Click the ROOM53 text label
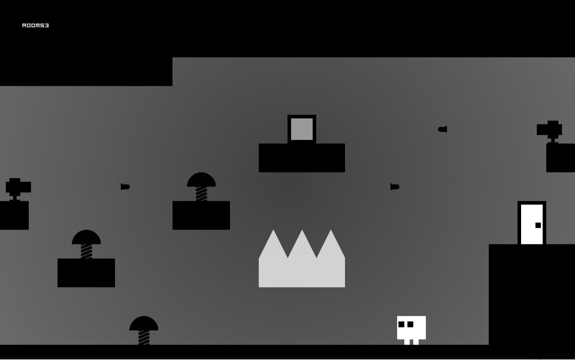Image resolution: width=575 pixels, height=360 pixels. (35, 26)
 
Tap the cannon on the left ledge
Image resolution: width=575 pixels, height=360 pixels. (18, 189)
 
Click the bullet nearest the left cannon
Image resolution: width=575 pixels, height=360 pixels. (125, 187)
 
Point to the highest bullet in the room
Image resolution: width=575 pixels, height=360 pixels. (442, 129)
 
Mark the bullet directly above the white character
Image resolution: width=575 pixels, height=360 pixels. (395, 187)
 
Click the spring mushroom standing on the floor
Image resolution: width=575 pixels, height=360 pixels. (144, 330)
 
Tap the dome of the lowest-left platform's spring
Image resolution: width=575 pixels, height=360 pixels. (86, 237)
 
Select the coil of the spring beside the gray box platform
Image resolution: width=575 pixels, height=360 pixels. (201, 194)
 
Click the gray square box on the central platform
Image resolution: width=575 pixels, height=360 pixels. (302, 129)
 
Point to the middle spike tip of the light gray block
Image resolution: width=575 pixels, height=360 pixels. (302, 230)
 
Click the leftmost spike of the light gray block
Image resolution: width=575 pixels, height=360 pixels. (273, 244)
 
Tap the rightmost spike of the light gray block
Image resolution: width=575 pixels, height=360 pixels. (331, 244)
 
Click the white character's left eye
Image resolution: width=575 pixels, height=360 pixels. (401, 324)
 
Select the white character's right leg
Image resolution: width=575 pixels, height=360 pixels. (416, 342)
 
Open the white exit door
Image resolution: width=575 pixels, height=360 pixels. (532, 223)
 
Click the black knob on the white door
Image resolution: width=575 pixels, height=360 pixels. (538, 225)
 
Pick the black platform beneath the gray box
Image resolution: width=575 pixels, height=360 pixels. (302, 158)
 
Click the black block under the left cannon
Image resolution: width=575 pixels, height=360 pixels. (14, 215)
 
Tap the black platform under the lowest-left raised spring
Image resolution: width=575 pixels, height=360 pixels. (86, 273)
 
